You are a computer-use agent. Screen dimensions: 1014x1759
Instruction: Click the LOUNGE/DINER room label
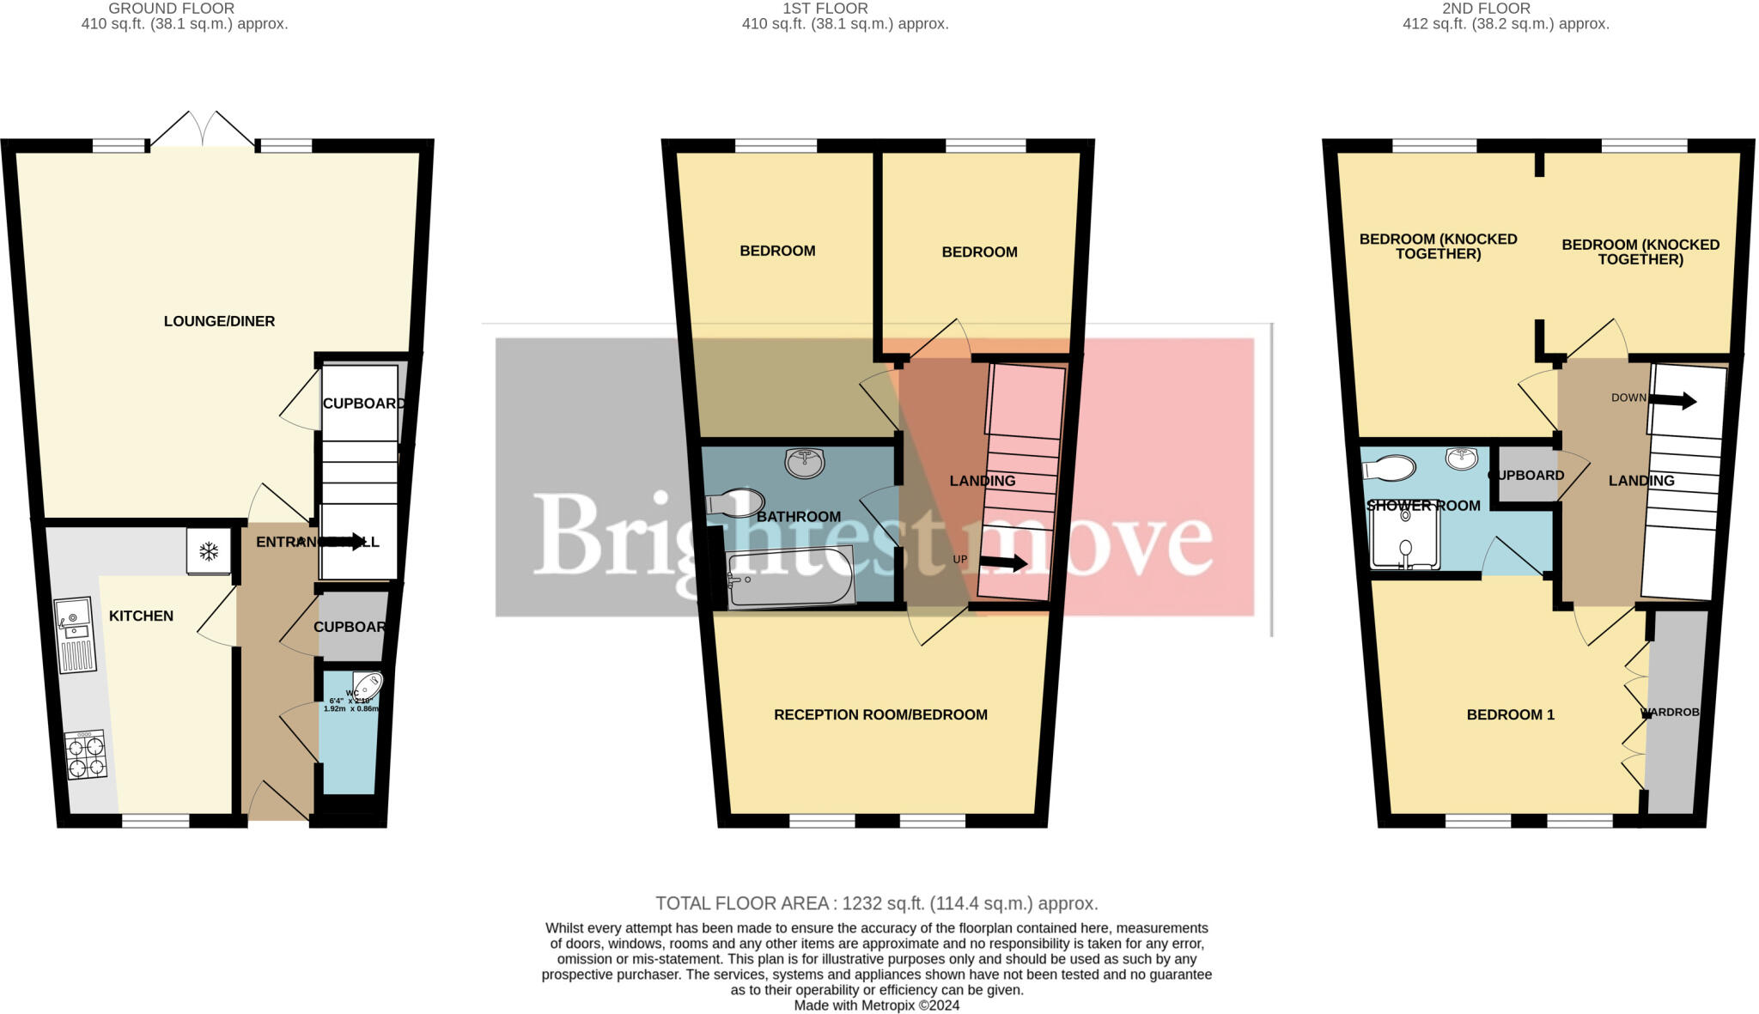click(x=219, y=321)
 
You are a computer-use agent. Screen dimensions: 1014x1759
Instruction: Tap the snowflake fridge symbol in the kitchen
click(x=209, y=551)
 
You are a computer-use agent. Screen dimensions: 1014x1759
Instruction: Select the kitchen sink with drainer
click(x=76, y=634)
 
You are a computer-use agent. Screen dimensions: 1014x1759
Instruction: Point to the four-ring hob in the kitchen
click(x=86, y=755)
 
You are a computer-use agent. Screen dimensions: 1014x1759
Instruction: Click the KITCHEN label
click(x=141, y=616)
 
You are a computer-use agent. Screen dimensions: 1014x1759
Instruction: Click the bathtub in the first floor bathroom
click(x=790, y=579)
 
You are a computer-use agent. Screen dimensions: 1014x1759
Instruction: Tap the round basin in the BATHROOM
click(x=805, y=463)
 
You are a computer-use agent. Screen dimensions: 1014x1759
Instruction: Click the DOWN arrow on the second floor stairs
click(x=1671, y=400)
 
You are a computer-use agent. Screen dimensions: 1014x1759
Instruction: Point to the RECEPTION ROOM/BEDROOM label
click(x=880, y=714)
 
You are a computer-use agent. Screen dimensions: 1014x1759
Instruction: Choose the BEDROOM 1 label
click(x=1510, y=714)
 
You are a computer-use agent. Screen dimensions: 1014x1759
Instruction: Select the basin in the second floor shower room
click(x=1462, y=458)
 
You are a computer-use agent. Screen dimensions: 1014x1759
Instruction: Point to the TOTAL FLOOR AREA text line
click(x=876, y=903)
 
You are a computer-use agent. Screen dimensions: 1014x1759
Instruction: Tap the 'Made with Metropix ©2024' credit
click(x=876, y=1005)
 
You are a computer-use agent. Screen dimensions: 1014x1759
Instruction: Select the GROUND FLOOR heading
click(x=172, y=9)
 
